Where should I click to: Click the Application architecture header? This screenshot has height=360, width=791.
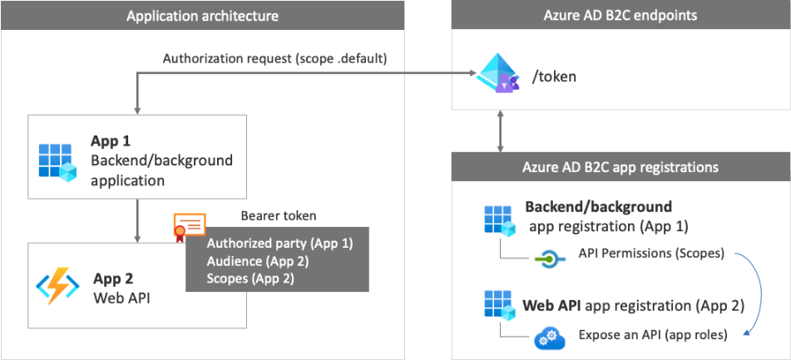[x=202, y=16]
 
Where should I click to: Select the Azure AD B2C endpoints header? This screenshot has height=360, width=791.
[x=620, y=16]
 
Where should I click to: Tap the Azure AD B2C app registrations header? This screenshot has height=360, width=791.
[x=620, y=167]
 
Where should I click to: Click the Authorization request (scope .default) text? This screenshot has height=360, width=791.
[x=275, y=59]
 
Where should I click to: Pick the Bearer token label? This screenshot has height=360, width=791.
[x=279, y=216]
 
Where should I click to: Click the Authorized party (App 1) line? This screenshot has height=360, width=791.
[x=279, y=244]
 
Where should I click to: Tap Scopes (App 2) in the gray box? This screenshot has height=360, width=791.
[x=250, y=279]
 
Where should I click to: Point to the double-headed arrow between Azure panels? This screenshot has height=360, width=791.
[x=499, y=131]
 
